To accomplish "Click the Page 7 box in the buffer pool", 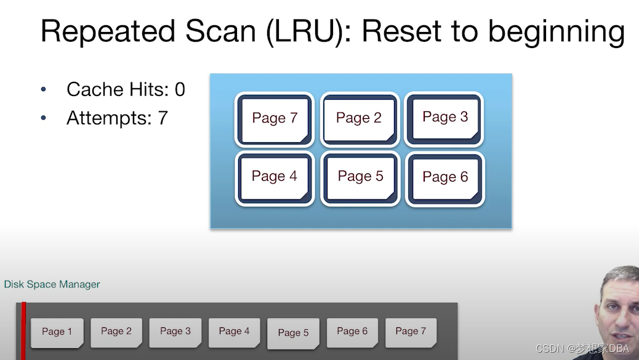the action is click(275, 119).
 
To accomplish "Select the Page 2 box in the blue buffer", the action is click(359, 119).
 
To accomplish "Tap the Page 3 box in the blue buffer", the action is click(444, 118).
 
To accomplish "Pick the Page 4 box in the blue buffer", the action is click(275, 177).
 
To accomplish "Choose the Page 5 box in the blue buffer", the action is click(360, 177).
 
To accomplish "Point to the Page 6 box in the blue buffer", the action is click(444, 178).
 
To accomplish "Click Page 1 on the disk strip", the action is click(57, 332).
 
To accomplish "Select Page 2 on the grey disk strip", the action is click(116, 332).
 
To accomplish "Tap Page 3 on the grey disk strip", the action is click(175, 332).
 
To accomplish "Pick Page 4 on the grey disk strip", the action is click(235, 332).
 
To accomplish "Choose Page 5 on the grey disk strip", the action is click(293, 333).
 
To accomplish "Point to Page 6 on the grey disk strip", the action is click(352, 332).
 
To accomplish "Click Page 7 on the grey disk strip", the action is click(411, 332).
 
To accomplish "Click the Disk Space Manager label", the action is click(52, 284).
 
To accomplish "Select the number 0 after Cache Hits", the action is click(180, 90).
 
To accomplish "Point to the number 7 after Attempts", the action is click(163, 118).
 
